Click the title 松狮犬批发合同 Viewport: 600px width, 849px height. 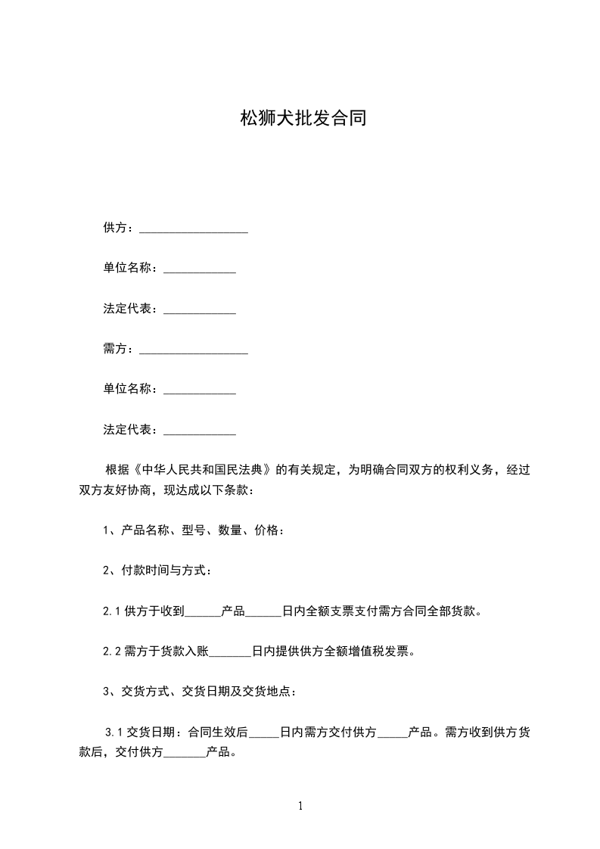pyautogui.click(x=303, y=119)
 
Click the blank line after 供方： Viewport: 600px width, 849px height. pyautogui.click(x=194, y=229)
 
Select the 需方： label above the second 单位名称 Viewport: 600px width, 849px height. pyautogui.click(x=119, y=349)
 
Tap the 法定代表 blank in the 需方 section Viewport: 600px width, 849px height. pyautogui.click(x=200, y=431)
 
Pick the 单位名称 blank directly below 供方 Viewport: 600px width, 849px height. pyautogui.click(x=200, y=269)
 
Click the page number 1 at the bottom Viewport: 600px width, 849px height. pyautogui.click(x=300, y=806)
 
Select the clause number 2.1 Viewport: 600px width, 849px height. pyautogui.click(x=112, y=611)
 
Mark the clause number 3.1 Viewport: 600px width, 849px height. pyautogui.click(x=114, y=732)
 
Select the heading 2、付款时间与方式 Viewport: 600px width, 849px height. pyautogui.click(x=157, y=571)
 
